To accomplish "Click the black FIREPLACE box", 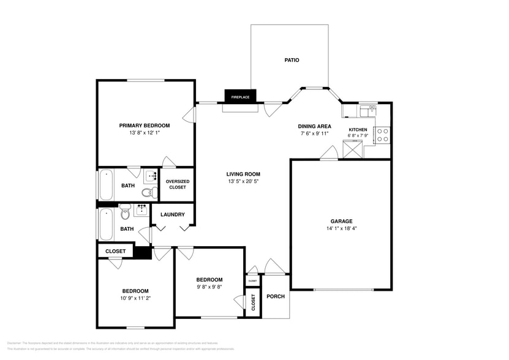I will pyautogui.click(x=240, y=96).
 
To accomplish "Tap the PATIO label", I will pyautogui.click(x=292, y=60).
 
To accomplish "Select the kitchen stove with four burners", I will pyautogui.click(x=383, y=135).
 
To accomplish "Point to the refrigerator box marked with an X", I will pyautogui.click(x=353, y=149).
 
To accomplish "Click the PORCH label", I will pyautogui.click(x=276, y=296).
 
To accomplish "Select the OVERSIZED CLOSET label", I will pyautogui.click(x=178, y=184).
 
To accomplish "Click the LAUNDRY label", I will pyautogui.click(x=173, y=214).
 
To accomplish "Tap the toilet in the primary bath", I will pyautogui.click(x=147, y=193).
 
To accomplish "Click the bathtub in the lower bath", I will pyautogui.click(x=106, y=225).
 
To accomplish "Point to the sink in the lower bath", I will pyautogui.click(x=141, y=210).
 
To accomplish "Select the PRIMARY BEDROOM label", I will pyautogui.click(x=144, y=126).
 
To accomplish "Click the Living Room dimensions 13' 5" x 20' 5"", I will pyautogui.click(x=244, y=181).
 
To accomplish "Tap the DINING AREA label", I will pyautogui.click(x=315, y=126).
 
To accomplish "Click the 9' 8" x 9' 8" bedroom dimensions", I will pyautogui.click(x=209, y=286).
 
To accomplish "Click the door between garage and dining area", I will pyautogui.click(x=329, y=154).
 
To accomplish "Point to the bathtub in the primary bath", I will pyautogui.click(x=106, y=185).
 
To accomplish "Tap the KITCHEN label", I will pyautogui.click(x=358, y=130).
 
